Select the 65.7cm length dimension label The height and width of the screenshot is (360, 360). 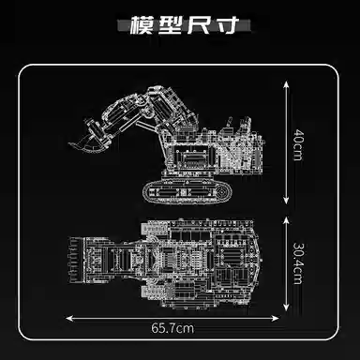(x=176, y=327)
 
